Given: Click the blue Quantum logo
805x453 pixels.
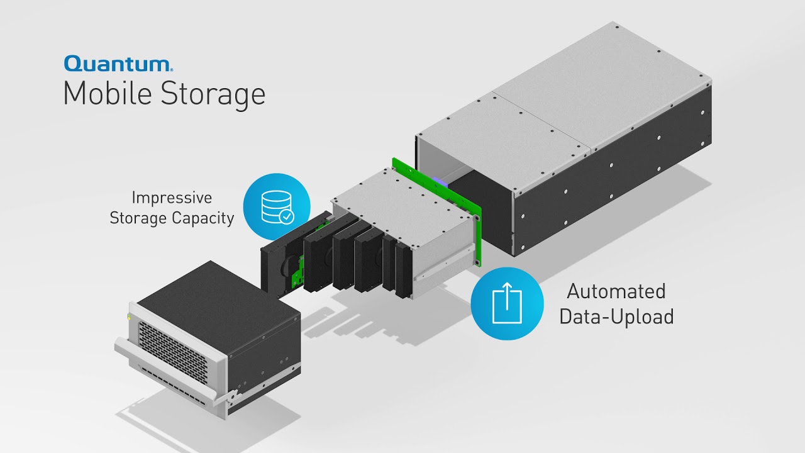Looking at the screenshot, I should click(x=117, y=64).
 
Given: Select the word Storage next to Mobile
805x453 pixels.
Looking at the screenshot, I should click(x=213, y=95).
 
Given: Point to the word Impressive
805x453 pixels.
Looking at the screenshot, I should click(x=172, y=198).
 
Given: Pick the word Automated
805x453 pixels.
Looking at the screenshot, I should click(x=616, y=291).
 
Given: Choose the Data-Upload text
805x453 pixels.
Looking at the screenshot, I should click(x=616, y=316).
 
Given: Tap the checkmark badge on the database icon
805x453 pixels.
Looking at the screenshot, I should click(x=287, y=216).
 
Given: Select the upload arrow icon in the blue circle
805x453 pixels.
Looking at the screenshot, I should click(x=507, y=303).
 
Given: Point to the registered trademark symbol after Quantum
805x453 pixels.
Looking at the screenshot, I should click(x=172, y=68).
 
